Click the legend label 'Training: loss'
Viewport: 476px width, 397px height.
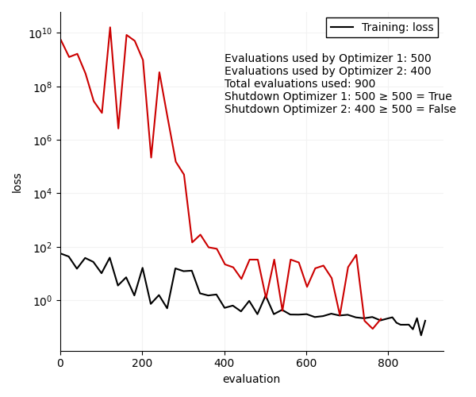pos(397,28)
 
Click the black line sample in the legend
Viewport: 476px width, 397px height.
pos(343,28)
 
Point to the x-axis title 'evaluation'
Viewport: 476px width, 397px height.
pos(251,380)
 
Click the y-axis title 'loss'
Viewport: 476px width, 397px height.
pos(17,183)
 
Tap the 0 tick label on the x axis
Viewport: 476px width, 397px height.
pos(60,364)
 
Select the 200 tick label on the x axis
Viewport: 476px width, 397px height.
pos(143,364)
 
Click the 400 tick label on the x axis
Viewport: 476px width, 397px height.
pos(225,364)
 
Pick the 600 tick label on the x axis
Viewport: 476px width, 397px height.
pos(306,364)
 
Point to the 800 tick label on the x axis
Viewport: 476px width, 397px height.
pos(389,364)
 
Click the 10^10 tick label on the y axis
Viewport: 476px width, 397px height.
pos(40,33)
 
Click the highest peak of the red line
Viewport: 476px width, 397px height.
pos(109,27)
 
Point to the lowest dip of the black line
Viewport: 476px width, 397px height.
pos(421,335)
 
